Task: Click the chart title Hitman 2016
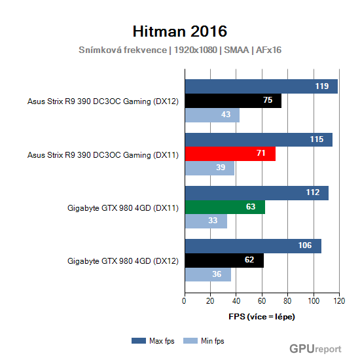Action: [180, 31]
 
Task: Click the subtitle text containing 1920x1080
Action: [180, 50]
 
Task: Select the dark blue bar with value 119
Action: [261, 86]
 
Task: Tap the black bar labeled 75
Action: [233, 101]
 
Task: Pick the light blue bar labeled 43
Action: [212, 115]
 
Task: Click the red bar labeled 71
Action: [230, 154]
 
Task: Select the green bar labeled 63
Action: [225, 207]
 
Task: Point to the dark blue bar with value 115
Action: [259, 139]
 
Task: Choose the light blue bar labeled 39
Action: [209, 168]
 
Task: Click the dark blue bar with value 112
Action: [257, 192]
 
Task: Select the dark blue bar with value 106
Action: [253, 246]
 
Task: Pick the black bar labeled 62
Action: [224, 261]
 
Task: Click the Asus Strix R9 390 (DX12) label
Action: [103, 101]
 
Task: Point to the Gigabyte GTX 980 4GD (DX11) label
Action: [122, 207]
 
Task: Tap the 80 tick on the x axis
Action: [288, 301]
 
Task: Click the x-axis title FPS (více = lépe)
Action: [262, 317]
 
